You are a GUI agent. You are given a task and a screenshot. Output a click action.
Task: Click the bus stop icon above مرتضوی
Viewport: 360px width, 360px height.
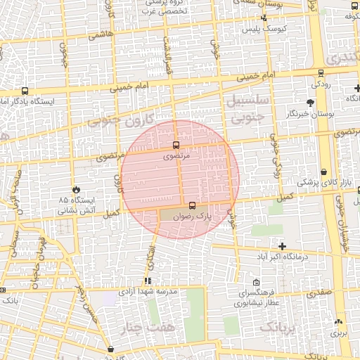pyautogui.click(x=176, y=146)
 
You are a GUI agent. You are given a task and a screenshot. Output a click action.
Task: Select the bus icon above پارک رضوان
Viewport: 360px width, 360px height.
pyautogui.click(x=193, y=203)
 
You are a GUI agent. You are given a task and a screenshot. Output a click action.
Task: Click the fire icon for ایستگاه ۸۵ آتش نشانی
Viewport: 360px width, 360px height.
pyautogui.click(x=77, y=190)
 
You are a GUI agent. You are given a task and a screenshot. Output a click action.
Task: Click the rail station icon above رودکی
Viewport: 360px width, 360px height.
pyautogui.click(x=321, y=72)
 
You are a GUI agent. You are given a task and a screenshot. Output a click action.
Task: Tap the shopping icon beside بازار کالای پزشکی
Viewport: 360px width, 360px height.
pyautogui.click(x=323, y=172)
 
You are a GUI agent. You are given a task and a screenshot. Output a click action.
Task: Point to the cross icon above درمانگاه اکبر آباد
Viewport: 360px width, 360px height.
pyautogui.click(x=283, y=246)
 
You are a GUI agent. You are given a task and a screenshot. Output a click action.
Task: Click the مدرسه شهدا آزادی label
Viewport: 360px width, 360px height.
pyautogui.click(x=148, y=290)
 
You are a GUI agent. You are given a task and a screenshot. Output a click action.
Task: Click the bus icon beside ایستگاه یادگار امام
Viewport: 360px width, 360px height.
pyautogui.click(x=25, y=91)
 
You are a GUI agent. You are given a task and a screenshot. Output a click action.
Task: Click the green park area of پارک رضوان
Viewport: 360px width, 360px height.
pyautogui.click(x=172, y=214)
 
